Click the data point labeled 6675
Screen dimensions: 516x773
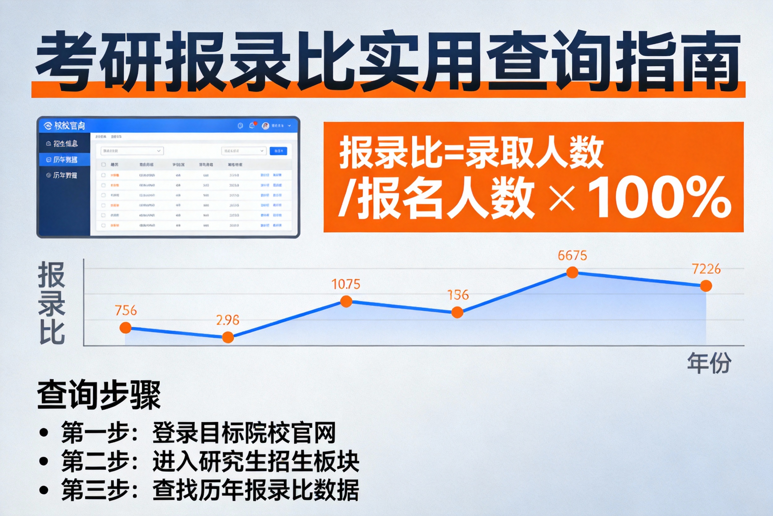572,273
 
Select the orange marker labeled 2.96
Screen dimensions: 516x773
228,337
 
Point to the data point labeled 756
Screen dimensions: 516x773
125,328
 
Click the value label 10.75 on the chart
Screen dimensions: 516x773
346,284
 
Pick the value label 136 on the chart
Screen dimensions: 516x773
458,295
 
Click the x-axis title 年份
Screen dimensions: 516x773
709,363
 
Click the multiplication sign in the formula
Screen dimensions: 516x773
562,198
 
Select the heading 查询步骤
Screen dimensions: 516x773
98,394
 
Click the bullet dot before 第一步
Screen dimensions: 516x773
44,432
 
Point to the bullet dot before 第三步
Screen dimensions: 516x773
44,490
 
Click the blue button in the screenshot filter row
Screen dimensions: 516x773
278,151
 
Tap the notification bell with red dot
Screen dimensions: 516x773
252,125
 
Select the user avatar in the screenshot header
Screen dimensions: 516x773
265,126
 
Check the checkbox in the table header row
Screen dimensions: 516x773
103,165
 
